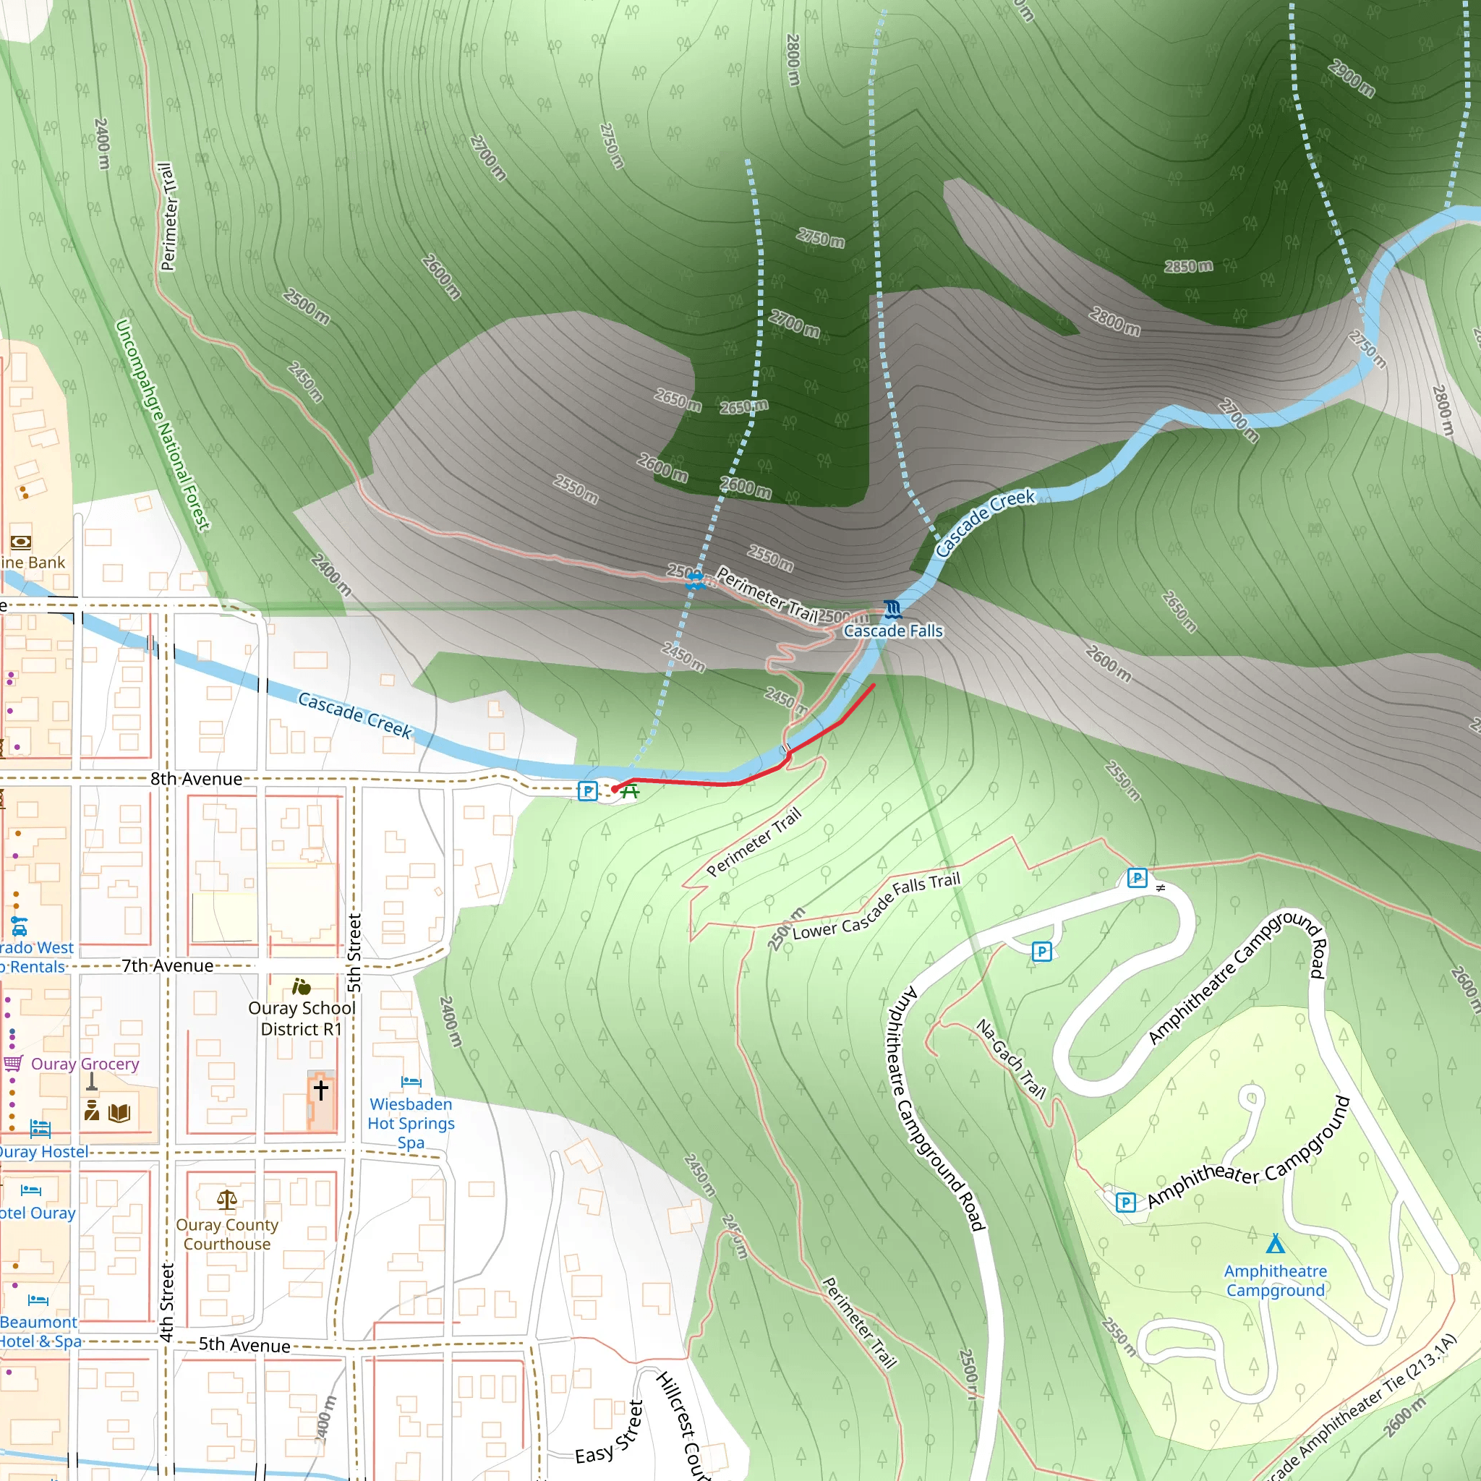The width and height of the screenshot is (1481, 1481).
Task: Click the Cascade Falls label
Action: coord(892,631)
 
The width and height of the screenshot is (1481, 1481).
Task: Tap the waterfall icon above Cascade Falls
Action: coord(892,609)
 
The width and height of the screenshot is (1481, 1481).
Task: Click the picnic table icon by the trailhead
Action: coord(630,791)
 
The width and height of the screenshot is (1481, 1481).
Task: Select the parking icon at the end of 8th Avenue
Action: coord(587,791)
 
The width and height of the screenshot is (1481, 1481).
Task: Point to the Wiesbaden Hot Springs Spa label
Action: coord(411,1123)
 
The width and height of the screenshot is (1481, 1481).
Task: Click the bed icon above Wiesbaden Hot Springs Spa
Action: coord(411,1083)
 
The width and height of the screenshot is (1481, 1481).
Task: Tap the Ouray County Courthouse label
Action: coord(227,1234)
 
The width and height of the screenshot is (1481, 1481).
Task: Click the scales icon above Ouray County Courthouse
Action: coord(227,1199)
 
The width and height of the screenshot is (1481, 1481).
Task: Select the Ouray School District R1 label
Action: coord(302,1018)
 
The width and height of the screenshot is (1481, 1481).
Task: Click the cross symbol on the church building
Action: coord(320,1089)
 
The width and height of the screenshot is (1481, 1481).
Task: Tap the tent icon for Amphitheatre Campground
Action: coord(1275,1242)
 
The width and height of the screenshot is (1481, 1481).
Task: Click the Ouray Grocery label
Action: coord(85,1064)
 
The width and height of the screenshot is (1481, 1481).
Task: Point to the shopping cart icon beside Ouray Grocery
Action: coord(13,1063)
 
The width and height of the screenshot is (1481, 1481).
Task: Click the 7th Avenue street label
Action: coord(167,966)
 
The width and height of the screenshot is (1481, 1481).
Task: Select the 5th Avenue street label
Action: coord(244,1344)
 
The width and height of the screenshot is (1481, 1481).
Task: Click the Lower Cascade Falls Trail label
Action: coord(876,907)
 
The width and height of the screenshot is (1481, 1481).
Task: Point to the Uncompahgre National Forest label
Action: coord(162,425)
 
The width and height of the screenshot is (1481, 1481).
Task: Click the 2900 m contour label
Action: coord(1352,78)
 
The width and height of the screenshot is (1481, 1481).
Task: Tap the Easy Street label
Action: coord(610,1433)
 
